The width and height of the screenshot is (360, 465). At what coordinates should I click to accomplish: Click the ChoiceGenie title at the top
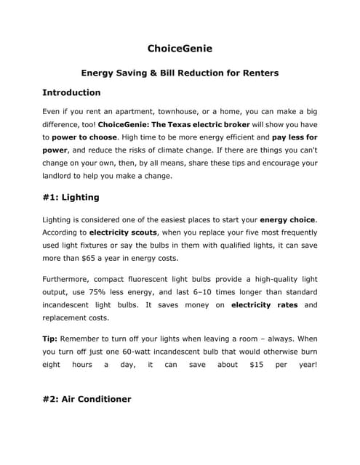(180, 49)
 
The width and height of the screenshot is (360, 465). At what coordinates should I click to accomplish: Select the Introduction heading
(71, 93)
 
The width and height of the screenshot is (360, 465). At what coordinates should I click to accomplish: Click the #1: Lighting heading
(71, 197)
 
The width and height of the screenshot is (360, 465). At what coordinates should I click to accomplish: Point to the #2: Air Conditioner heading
(87, 398)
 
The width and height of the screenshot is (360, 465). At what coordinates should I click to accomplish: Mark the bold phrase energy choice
(288, 219)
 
